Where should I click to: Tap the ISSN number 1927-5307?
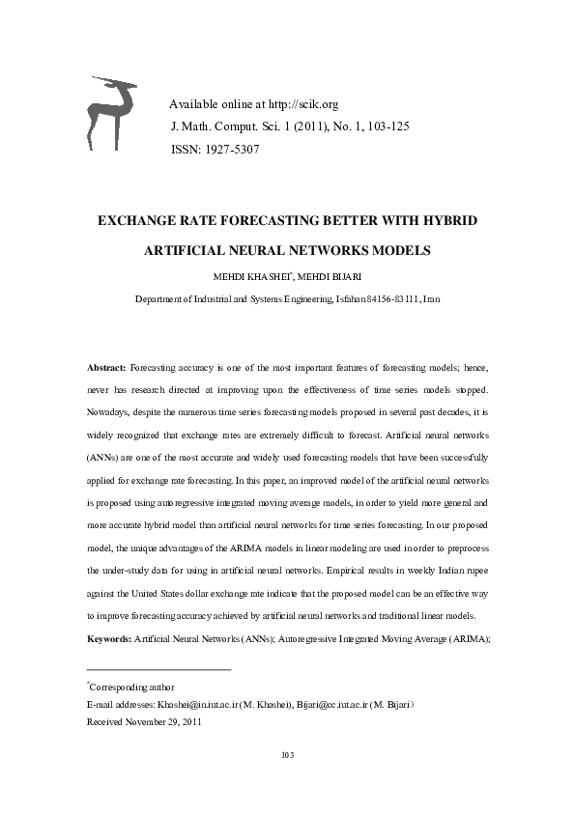(228, 150)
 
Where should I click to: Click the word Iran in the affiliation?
(432, 299)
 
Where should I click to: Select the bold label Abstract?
(106, 369)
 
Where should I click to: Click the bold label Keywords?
(109, 639)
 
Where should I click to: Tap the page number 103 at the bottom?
(287, 754)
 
